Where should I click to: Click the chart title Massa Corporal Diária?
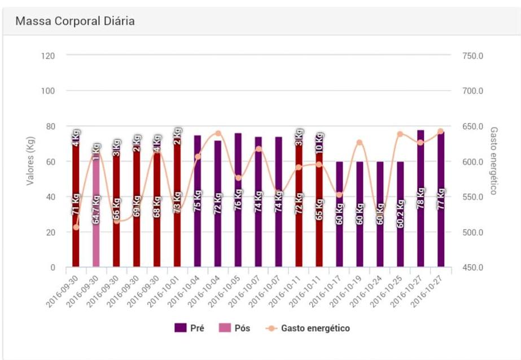click(75, 21)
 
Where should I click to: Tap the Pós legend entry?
click(234, 328)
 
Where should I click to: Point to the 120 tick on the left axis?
click(49, 56)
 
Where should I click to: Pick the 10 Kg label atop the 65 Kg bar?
click(319, 142)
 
